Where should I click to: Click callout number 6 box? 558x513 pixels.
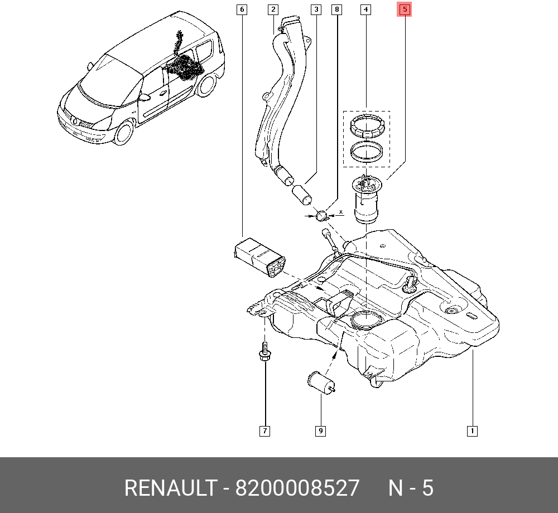click(x=241, y=9)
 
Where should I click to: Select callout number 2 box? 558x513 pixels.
click(x=272, y=9)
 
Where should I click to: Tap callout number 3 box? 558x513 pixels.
click(x=316, y=9)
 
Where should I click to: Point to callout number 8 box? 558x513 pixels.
click(x=336, y=9)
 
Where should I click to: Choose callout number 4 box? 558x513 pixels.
click(x=365, y=9)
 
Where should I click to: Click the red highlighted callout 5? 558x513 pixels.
click(x=405, y=9)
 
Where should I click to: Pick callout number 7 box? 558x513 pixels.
click(x=264, y=430)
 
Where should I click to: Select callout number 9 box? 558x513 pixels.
click(x=321, y=430)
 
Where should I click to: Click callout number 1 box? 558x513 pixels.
click(x=472, y=430)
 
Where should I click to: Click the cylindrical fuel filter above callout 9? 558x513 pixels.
click(x=320, y=383)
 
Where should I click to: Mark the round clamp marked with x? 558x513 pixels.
click(x=322, y=215)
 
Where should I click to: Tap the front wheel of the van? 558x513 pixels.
click(x=124, y=134)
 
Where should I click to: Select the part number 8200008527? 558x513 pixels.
click(x=297, y=488)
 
